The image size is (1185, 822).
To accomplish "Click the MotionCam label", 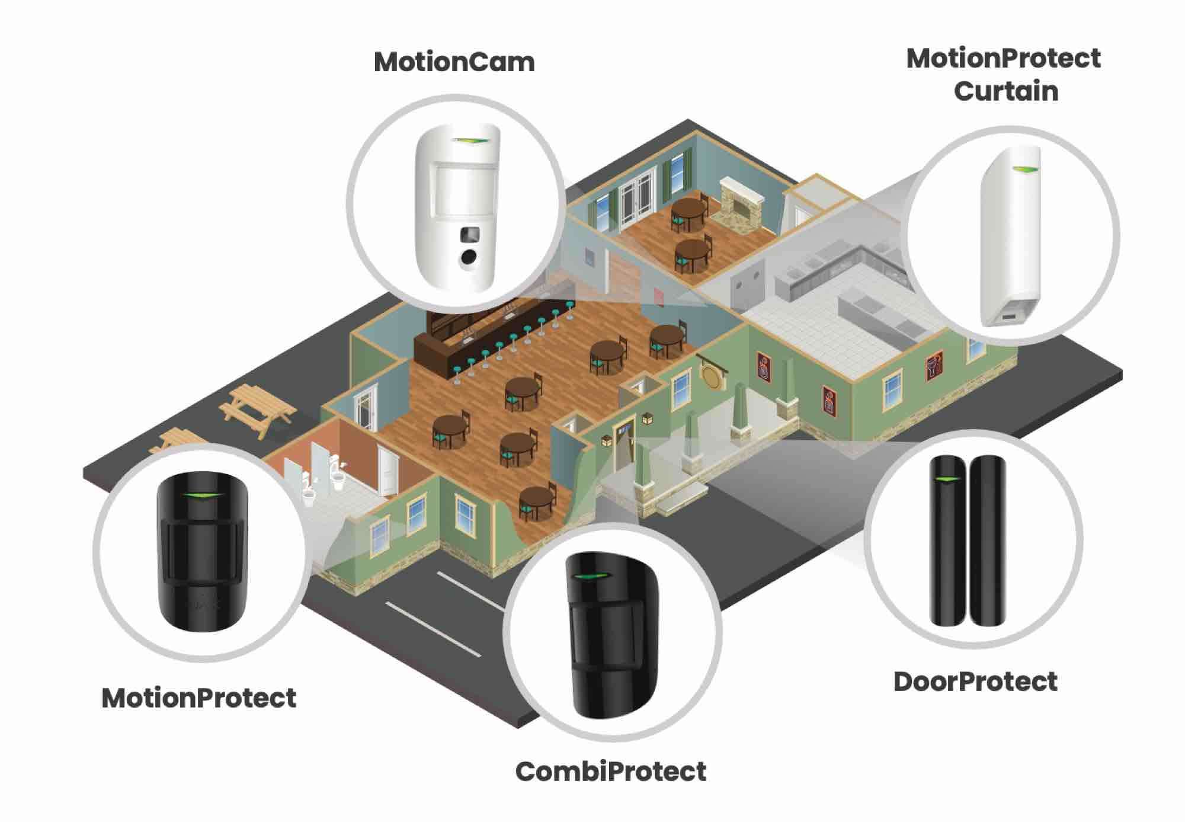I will pos(454,62).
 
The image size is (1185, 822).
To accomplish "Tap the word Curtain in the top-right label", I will pos(1005,92).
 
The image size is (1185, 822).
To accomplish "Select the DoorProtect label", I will pos(975,682).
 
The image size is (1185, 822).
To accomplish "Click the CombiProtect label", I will pos(611,772).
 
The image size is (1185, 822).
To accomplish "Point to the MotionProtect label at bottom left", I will pos(199,698).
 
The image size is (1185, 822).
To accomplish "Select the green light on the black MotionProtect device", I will pos(200,495).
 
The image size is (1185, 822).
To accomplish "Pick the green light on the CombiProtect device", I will pos(590,578).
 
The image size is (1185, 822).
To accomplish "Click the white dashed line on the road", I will pos(433,629).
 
